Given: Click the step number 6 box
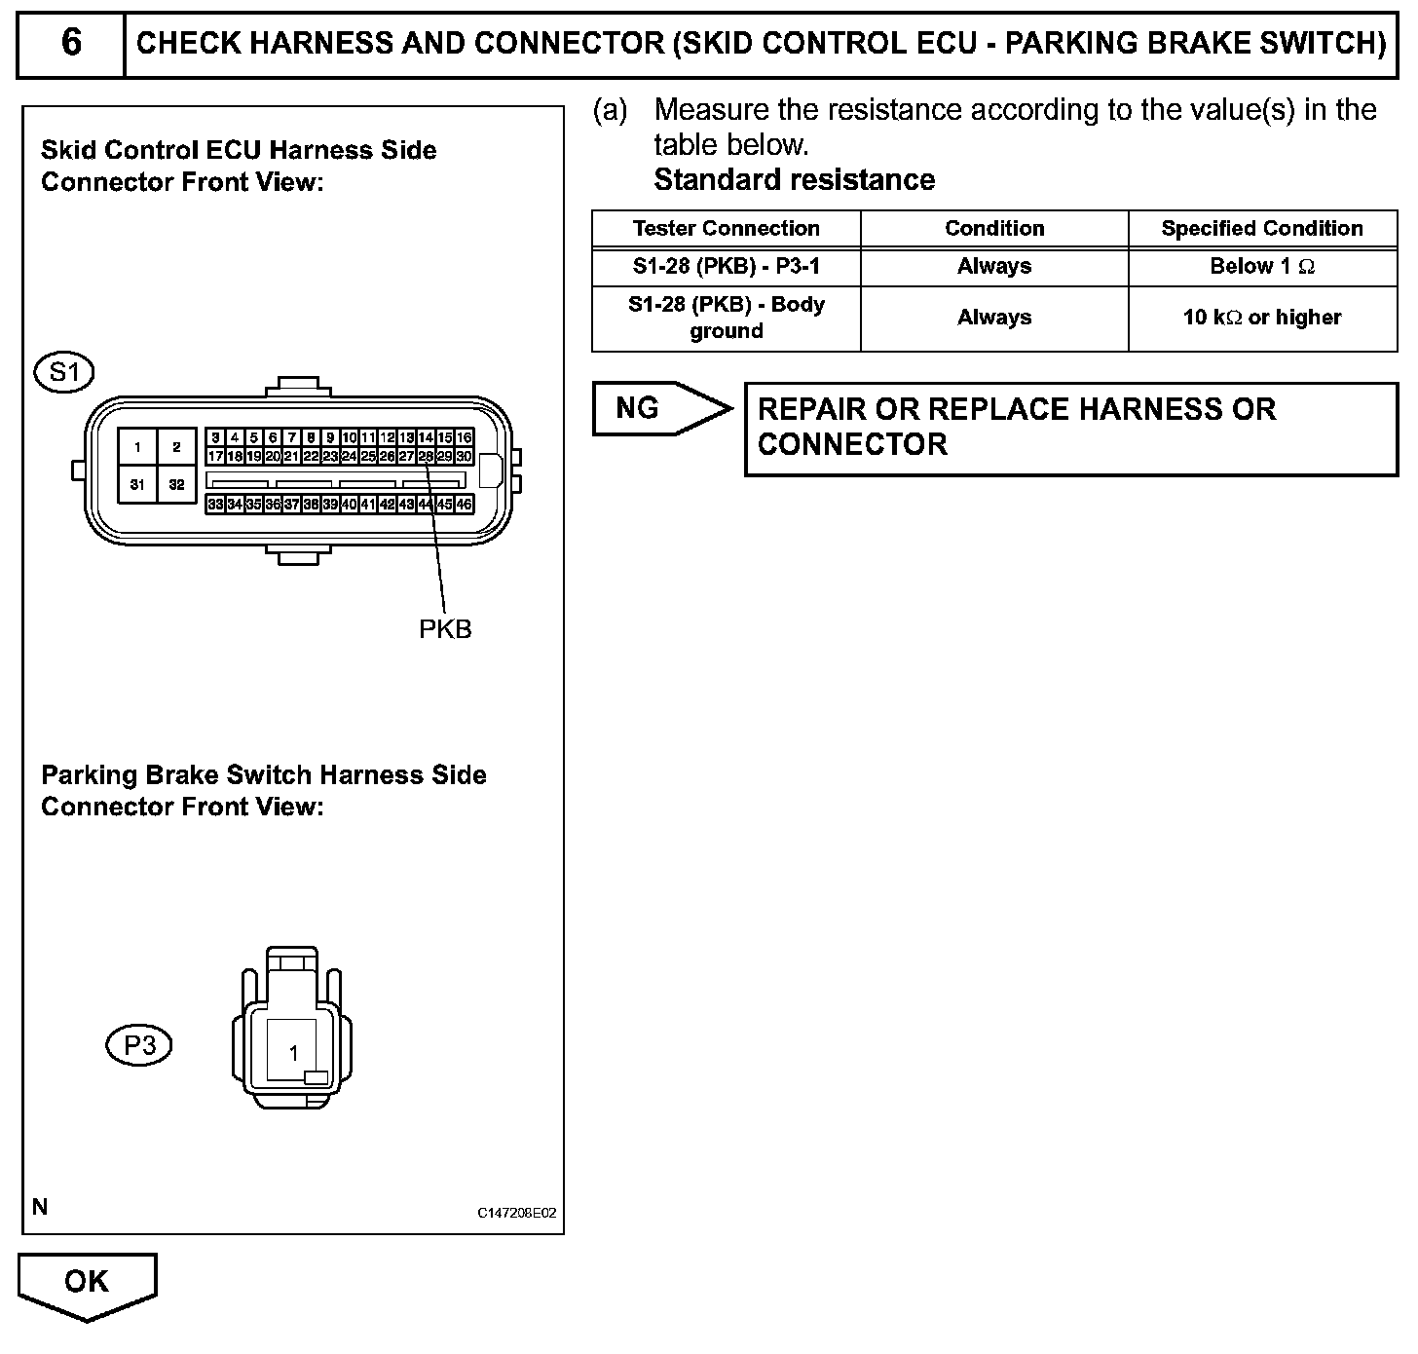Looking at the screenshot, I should click(71, 43).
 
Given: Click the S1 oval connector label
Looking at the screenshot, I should click(64, 372).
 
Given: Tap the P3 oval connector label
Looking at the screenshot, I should click(138, 1045).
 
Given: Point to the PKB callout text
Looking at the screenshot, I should click(445, 629).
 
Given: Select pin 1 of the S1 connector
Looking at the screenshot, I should click(138, 447).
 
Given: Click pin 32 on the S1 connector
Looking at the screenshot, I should click(176, 484).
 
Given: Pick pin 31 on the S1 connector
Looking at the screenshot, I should click(138, 484).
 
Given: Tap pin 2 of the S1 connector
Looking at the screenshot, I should click(176, 447).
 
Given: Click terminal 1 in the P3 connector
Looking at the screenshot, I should click(293, 1053).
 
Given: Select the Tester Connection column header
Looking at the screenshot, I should click(726, 229).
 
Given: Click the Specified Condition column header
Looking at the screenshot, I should click(1261, 229).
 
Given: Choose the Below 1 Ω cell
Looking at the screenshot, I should click(1261, 267).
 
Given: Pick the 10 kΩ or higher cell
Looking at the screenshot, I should click(1261, 318).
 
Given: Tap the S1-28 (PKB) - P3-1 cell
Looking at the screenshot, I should click(726, 267).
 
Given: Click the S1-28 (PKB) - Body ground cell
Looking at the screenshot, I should click(726, 318).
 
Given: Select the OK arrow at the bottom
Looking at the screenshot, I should click(87, 1283).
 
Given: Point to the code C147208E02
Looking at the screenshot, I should click(516, 1213).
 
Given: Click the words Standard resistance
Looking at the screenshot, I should click(794, 180).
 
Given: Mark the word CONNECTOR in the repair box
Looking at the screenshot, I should click(852, 445).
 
